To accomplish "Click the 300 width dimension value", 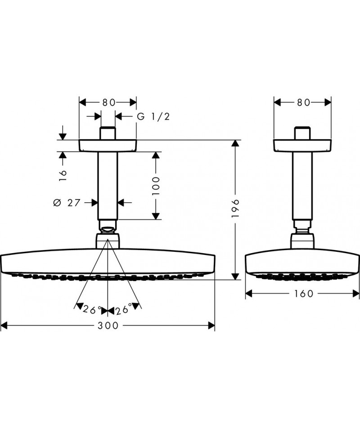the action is [108, 325].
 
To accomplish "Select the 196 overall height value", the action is [235, 208].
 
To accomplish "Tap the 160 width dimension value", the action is [304, 294].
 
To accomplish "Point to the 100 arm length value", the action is [156, 186].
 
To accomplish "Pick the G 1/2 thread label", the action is [153, 117].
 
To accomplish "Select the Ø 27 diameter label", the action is [67, 203].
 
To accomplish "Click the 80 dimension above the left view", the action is [109, 102].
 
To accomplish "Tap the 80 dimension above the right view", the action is [304, 102].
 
